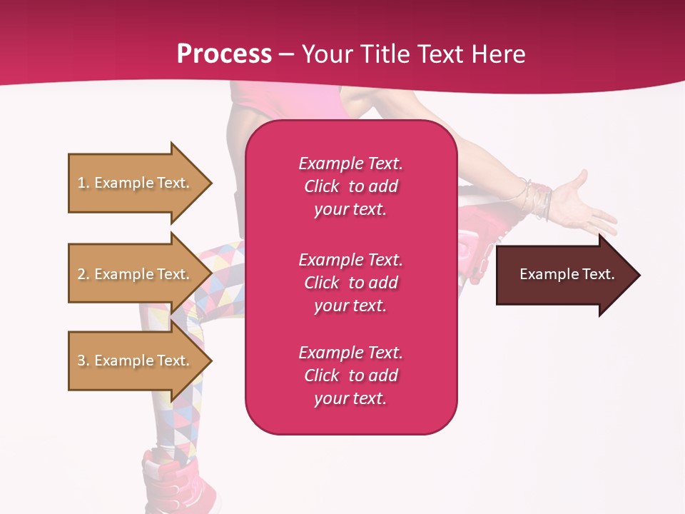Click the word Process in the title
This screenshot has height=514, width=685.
[224, 54]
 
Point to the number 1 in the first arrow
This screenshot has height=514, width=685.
[81, 183]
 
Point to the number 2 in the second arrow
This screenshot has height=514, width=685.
[81, 274]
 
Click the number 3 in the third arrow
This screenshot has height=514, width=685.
[81, 361]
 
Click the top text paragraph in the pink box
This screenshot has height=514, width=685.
[350, 186]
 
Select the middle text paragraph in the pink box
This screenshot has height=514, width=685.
[350, 283]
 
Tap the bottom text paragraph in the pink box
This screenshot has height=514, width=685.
[350, 376]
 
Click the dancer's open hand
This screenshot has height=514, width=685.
[582, 203]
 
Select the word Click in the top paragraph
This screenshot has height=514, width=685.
[321, 186]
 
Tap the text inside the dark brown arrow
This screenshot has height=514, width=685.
[567, 274]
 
